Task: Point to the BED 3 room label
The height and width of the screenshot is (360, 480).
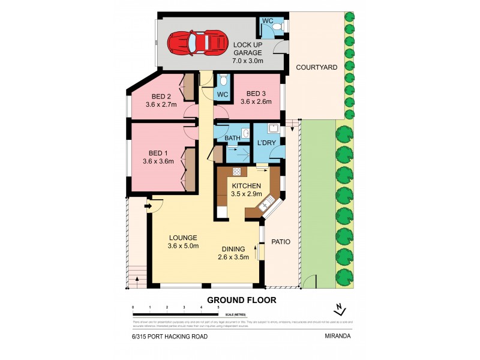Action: click(x=256, y=97)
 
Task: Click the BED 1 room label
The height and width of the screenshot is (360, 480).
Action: click(x=158, y=157)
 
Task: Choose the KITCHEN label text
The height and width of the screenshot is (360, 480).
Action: click(x=246, y=189)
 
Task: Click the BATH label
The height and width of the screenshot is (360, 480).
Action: click(x=232, y=139)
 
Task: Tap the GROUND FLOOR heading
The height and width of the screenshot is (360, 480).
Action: click(x=242, y=300)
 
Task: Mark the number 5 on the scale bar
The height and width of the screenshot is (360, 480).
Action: click(x=218, y=307)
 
